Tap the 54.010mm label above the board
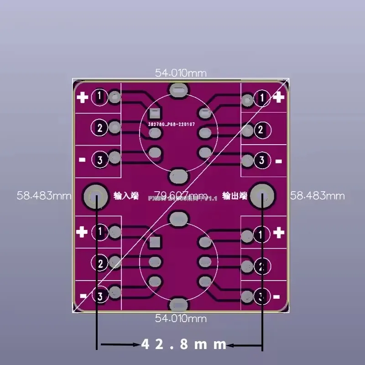[181, 73]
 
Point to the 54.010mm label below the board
[181, 318]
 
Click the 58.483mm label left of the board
[44, 196]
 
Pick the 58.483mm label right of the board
[318, 196]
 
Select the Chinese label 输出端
[235, 196]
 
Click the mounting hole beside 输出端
[263, 196]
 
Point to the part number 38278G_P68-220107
[171, 123]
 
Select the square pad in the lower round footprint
[156, 241]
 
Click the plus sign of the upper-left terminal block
[83, 97]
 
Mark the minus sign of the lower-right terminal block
[277, 297]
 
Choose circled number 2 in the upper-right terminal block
[261, 130]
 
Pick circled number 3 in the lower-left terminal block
[100, 297]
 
